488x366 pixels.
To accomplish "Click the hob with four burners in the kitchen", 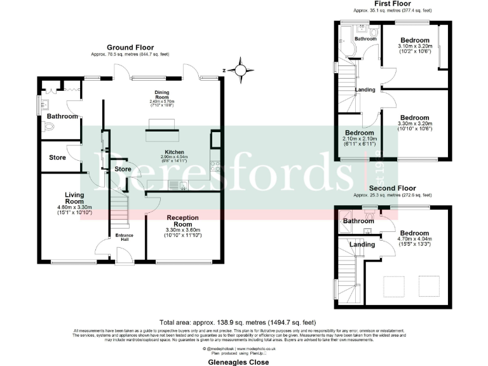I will pos(215,167).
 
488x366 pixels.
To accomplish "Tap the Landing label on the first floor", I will pos(365,90).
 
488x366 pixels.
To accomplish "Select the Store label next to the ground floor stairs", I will pos(123,169).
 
